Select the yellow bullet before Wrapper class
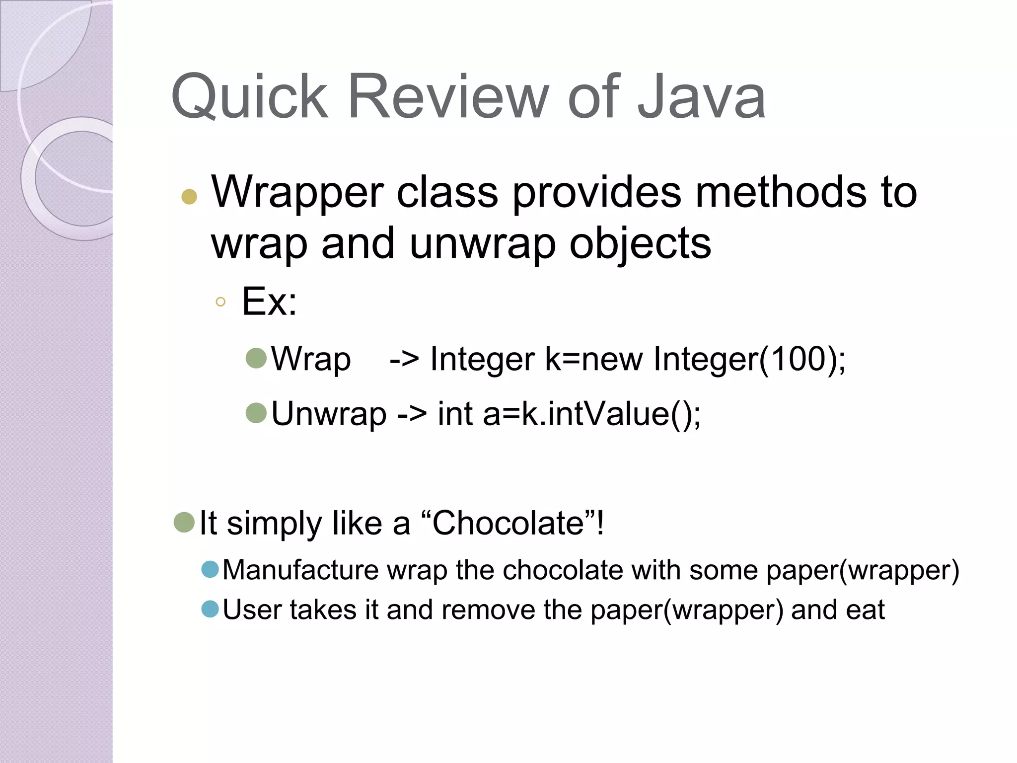[189, 197]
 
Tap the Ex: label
[269, 301]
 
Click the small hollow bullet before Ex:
[221, 302]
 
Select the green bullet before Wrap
[256, 358]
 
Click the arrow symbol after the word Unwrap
[412, 414]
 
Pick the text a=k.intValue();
[591, 414]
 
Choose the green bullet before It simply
[184, 522]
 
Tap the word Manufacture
[301, 570]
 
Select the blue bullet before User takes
[211, 609]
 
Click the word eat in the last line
[865, 610]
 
